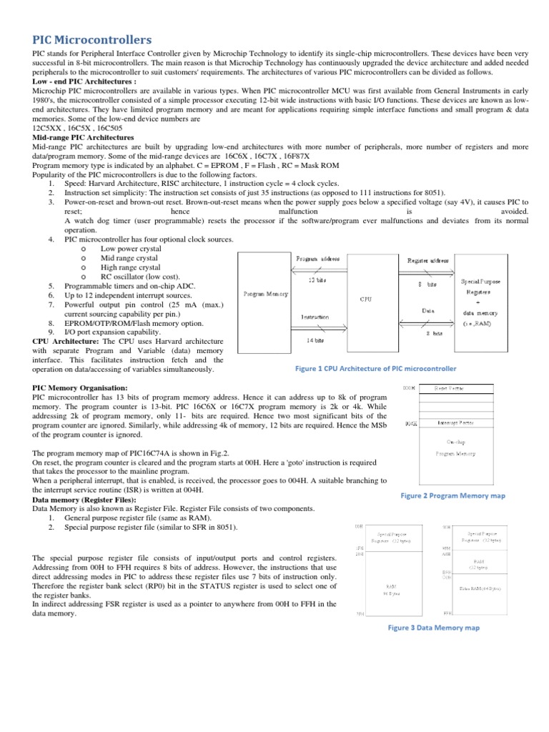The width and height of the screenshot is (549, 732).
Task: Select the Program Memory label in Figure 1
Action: point(265,294)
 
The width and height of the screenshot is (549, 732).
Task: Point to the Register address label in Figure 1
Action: point(427,260)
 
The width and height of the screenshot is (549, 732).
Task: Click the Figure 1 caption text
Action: point(375,369)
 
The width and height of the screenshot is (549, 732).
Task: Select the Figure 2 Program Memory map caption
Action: point(452,495)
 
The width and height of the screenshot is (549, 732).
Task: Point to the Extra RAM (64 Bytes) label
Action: point(480,588)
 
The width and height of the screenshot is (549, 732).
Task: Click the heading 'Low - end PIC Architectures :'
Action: point(84,81)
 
